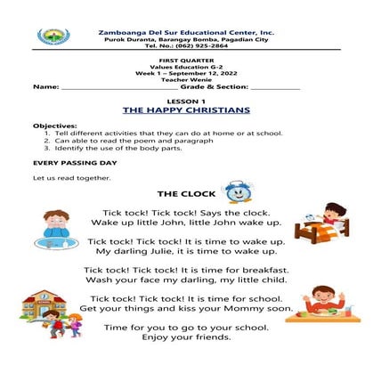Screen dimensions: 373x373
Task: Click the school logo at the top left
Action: [51, 36]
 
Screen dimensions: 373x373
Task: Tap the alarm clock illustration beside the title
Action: [237, 191]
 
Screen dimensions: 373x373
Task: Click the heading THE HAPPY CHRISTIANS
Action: [185, 109]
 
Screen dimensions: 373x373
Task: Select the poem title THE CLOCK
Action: [183, 193]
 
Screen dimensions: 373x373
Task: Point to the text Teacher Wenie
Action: [185, 79]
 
